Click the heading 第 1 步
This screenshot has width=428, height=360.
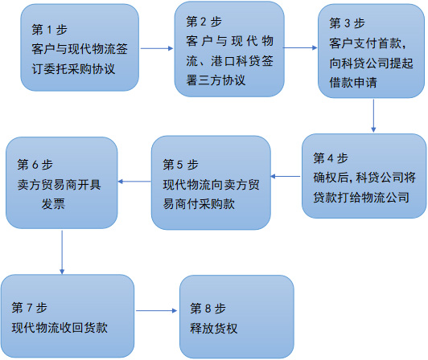[49, 30]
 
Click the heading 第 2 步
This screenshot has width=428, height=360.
[204, 22]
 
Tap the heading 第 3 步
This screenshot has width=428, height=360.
[347, 23]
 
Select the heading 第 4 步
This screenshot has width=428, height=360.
[331, 158]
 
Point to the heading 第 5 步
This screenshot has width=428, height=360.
[180, 165]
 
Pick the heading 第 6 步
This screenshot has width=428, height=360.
[35, 165]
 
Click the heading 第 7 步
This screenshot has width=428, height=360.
[29, 308]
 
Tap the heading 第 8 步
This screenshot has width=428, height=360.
[208, 309]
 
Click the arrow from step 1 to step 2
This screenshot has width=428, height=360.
[157, 48]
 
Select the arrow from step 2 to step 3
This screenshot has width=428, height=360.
[300, 47]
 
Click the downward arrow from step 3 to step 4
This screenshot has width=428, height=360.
[373, 116]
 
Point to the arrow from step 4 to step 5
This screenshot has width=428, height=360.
[286, 176]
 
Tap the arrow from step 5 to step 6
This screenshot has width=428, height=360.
[134, 182]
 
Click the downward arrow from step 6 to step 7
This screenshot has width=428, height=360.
[62, 252]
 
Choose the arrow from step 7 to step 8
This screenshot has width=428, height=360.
[156, 310]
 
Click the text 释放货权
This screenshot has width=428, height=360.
[214, 329]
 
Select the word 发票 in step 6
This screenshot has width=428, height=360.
[53, 204]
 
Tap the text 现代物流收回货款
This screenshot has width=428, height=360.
[60, 328]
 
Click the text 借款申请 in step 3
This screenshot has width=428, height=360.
[353, 82]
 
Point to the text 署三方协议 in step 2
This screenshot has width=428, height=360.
[216, 80]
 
